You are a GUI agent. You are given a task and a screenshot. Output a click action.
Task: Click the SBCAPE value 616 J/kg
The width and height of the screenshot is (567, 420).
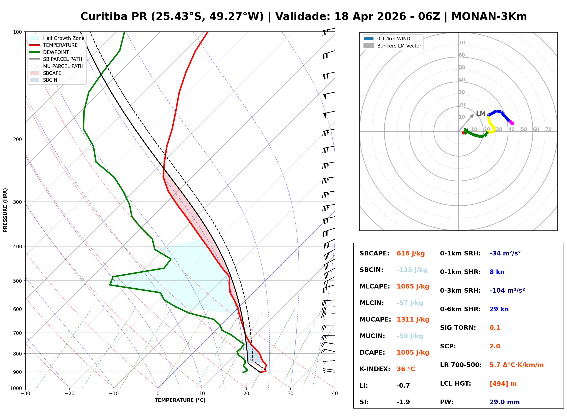(410, 253)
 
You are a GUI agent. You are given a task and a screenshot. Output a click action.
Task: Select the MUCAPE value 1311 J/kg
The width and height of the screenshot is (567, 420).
(413, 319)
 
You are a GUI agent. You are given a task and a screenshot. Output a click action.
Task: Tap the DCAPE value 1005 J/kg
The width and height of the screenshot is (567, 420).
(413, 353)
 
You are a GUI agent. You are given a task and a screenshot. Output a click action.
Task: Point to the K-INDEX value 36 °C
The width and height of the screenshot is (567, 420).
(406, 369)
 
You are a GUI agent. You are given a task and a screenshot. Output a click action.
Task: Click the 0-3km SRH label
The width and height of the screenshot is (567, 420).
(460, 291)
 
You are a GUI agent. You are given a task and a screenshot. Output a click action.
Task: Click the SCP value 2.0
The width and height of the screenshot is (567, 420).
(495, 347)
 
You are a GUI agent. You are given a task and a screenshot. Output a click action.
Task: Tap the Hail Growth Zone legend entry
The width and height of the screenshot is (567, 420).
(63, 38)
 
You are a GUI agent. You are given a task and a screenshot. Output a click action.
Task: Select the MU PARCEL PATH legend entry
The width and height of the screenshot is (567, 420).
(63, 66)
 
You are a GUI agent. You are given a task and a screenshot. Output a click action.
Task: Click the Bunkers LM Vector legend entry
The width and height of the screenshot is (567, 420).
(399, 46)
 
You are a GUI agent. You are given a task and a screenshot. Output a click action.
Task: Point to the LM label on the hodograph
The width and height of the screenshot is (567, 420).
(481, 114)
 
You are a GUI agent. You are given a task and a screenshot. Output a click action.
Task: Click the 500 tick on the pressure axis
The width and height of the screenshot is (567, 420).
(17, 281)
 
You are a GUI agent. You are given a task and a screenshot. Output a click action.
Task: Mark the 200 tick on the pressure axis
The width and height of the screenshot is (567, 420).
(17, 139)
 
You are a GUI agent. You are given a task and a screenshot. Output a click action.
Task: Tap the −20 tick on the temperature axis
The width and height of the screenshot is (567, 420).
(69, 394)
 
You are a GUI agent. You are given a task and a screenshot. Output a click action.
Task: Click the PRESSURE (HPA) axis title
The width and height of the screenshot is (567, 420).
(5, 210)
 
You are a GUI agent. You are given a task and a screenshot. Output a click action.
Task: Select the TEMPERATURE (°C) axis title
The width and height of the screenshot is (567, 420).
(180, 400)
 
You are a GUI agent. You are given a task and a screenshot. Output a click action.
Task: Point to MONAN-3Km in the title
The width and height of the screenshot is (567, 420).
(489, 17)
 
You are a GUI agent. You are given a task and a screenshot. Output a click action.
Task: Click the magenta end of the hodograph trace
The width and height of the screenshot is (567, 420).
(511, 123)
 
